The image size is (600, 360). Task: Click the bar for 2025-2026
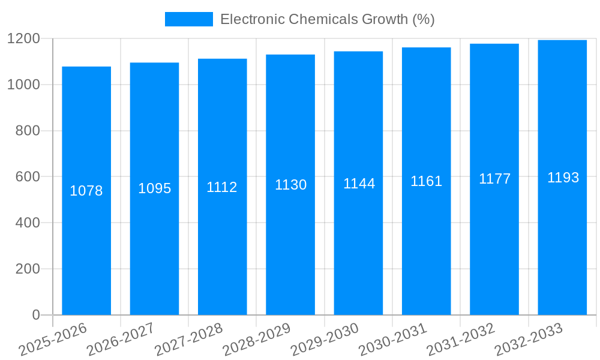[86, 240]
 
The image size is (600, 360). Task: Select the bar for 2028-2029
[290, 240]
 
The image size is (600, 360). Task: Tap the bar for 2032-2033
[562, 240]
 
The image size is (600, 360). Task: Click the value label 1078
[86, 191]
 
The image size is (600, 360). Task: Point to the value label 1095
[155, 188]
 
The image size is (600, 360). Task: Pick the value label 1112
[222, 187]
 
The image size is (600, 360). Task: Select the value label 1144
[359, 184]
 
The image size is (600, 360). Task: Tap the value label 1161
[426, 181]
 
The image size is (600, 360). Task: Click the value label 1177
[494, 179]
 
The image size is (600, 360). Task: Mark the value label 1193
[563, 178]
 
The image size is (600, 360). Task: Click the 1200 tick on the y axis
[23, 39]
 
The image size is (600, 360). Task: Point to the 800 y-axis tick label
[28, 131]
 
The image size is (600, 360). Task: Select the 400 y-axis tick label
[28, 223]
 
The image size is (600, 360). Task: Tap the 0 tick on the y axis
[36, 315]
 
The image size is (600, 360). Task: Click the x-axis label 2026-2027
[120, 340]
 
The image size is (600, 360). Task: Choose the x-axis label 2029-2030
[325, 340]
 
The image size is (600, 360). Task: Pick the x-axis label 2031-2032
[460, 340]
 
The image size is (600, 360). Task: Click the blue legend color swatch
[188, 19]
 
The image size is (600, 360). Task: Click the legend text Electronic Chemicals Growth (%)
[327, 19]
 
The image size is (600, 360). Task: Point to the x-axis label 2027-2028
[188, 340]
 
